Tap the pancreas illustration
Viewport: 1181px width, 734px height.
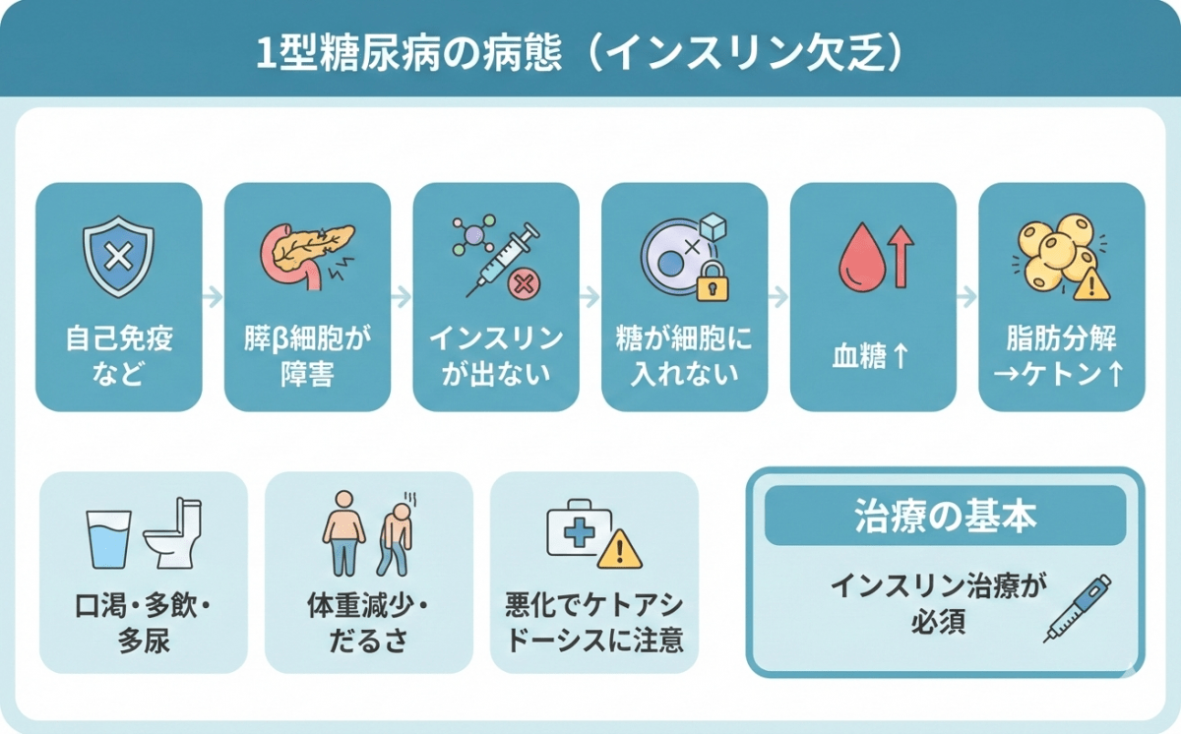click(306, 255)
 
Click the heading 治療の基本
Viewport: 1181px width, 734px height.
click(944, 517)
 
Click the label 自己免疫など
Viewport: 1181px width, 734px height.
click(118, 356)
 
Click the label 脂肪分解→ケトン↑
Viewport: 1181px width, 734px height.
click(1061, 357)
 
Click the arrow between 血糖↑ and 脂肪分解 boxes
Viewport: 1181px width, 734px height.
click(967, 296)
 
